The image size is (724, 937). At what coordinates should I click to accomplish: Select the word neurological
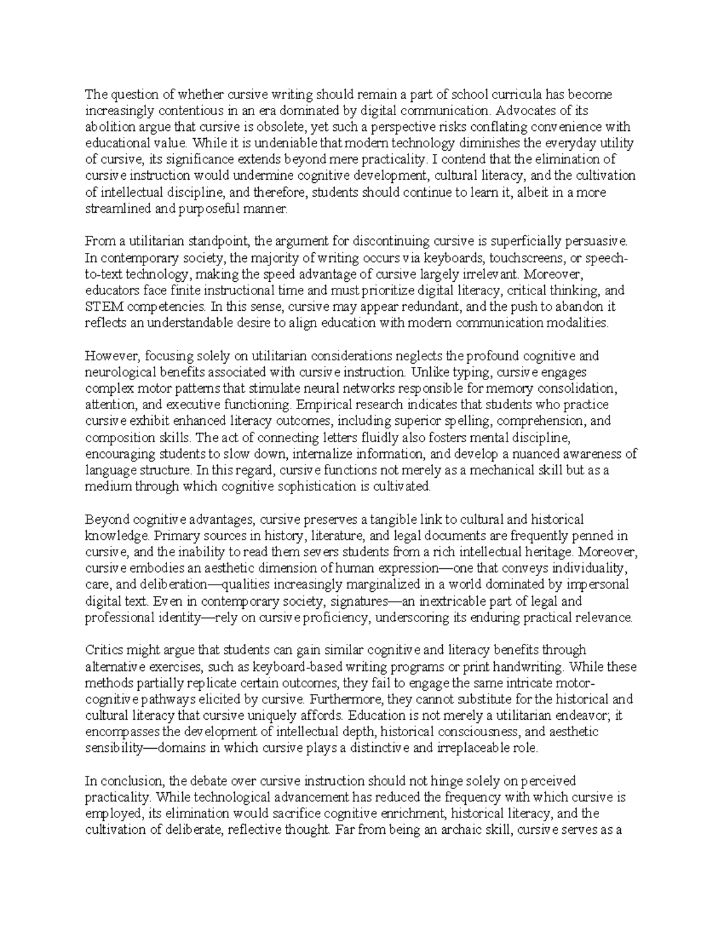(118, 372)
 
